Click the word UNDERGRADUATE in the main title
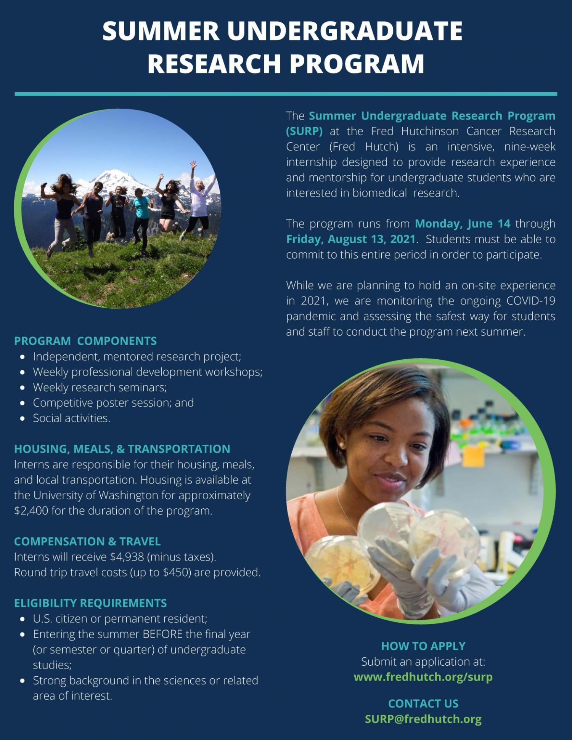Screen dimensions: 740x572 click(x=345, y=31)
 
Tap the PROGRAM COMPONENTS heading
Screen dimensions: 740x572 click(x=85, y=341)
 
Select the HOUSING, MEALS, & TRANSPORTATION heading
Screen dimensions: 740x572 click(x=122, y=449)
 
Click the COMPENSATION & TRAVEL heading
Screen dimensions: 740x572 click(x=87, y=541)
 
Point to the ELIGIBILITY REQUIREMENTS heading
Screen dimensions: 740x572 click(x=90, y=603)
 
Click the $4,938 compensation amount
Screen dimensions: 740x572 click(x=127, y=557)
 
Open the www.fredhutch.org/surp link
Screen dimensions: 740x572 click(x=423, y=677)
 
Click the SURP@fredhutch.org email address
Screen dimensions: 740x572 click(x=423, y=719)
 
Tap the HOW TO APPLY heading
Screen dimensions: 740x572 click(x=423, y=646)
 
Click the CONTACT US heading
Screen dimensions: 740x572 click(x=423, y=703)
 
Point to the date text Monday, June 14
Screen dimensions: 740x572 click(x=463, y=224)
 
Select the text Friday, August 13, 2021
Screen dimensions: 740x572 click(x=351, y=239)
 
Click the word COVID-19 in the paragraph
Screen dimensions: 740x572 click(x=531, y=301)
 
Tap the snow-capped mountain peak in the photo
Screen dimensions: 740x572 click(x=111, y=179)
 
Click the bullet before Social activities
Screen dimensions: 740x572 click(x=23, y=418)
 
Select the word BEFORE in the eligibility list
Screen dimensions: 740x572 click(x=162, y=634)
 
